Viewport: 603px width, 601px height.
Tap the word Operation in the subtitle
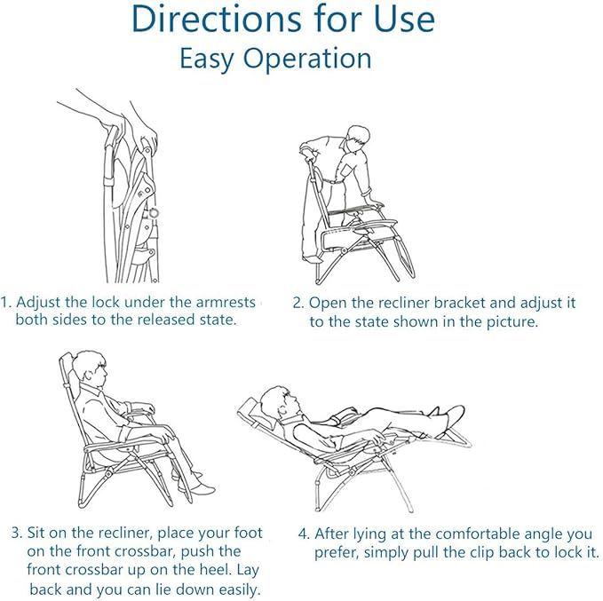tap(307, 59)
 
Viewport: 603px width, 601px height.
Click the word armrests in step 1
tap(226, 302)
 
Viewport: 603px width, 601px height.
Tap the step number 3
tap(17, 533)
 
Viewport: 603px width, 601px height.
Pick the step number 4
tap(304, 534)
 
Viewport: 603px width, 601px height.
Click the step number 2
tap(298, 303)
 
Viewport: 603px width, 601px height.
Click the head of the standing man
tap(358, 138)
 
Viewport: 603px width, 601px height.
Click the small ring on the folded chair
tap(154, 213)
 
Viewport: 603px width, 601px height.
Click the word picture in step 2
tap(512, 321)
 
